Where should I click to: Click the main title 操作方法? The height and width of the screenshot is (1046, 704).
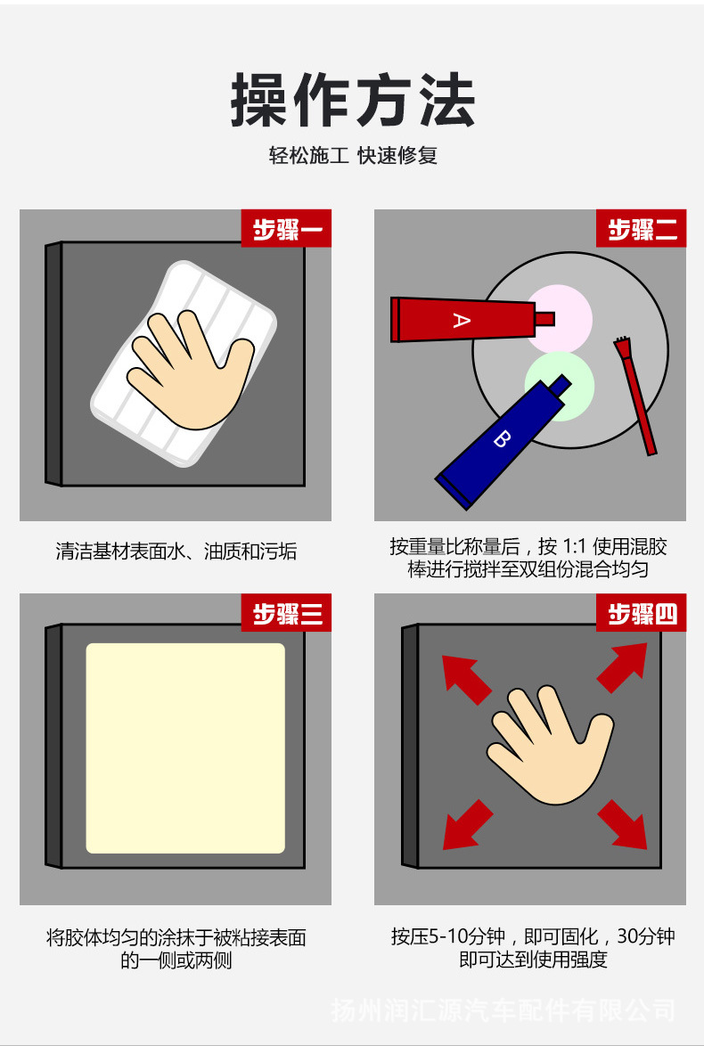[353, 100]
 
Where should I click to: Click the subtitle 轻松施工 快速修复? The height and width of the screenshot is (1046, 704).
[353, 156]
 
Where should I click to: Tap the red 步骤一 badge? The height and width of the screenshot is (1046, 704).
[286, 229]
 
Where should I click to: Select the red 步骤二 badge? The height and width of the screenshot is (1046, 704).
[641, 229]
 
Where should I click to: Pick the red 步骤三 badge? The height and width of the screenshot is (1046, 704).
[286, 613]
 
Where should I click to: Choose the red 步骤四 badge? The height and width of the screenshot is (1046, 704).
[641, 613]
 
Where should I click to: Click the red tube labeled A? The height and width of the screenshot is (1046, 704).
[463, 319]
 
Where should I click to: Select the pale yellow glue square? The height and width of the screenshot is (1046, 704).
[185, 748]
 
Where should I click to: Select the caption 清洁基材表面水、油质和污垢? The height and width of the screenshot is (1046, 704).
[176, 552]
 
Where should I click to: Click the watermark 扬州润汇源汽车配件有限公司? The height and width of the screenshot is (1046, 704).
[503, 1010]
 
